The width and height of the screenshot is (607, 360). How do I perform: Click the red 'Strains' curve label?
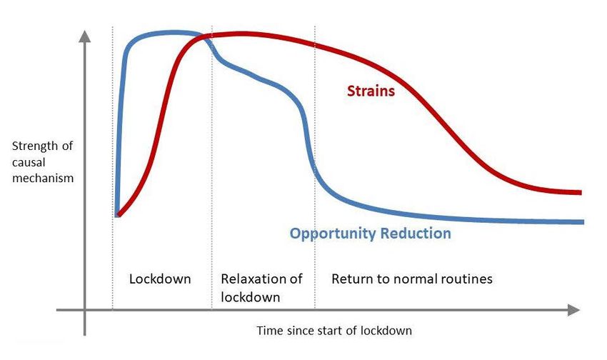tap(371, 91)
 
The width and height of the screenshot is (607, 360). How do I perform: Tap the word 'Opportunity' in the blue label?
tap(333, 234)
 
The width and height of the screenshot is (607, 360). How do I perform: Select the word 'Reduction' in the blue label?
tap(416, 233)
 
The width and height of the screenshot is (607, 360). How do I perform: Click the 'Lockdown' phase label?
tap(160, 279)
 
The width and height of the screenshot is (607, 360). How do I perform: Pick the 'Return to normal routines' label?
tap(412, 279)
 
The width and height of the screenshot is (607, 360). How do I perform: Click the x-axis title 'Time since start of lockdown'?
tap(334, 331)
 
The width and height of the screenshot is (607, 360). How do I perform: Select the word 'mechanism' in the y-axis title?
tap(43, 178)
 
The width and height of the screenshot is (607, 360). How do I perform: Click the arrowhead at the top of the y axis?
tap(84, 36)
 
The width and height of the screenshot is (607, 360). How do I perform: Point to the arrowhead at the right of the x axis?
tap(573, 310)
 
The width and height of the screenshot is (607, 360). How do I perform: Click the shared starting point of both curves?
tap(118, 214)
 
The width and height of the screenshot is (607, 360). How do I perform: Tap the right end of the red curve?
tap(581, 192)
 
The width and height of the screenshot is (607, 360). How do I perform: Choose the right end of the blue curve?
tap(583, 222)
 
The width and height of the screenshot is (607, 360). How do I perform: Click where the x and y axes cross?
tap(84, 310)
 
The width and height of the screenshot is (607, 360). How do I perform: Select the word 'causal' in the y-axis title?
tap(29, 162)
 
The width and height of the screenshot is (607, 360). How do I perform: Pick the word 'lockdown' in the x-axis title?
tap(386, 331)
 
